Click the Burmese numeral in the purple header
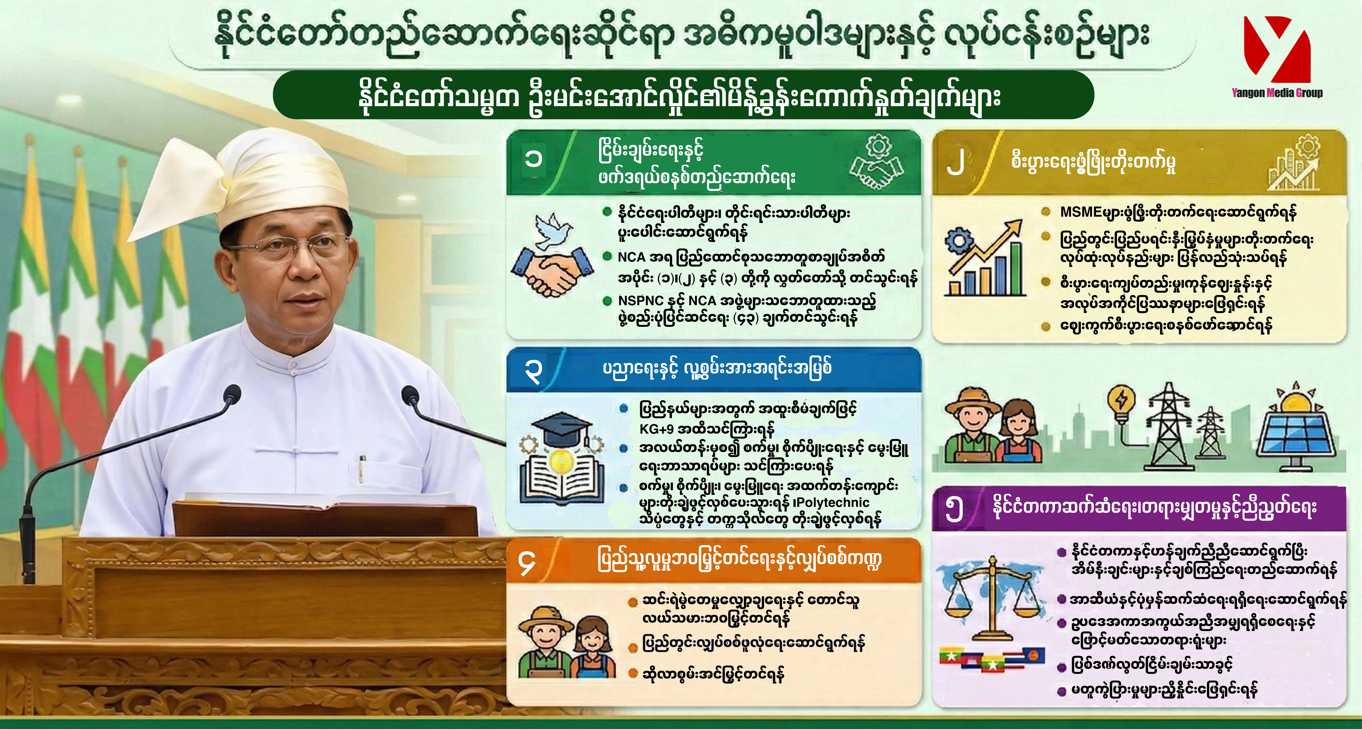[x=954, y=509]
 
